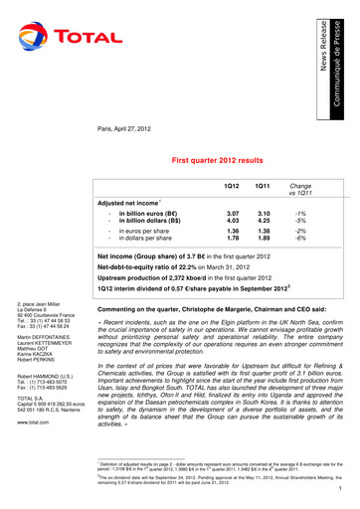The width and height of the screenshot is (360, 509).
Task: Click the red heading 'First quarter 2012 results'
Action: point(222,159)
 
